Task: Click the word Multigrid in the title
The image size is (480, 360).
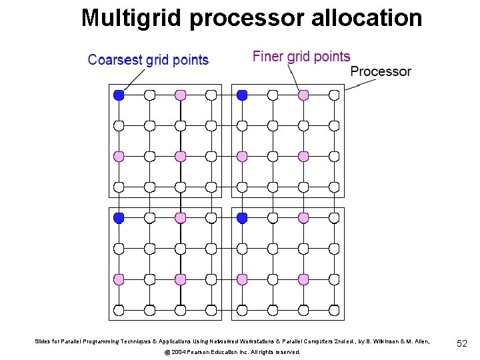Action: [131, 18]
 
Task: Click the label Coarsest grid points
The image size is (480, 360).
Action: [148, 60]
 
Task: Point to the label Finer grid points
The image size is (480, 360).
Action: [301, 57]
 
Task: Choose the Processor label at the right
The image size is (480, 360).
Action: [381, 71]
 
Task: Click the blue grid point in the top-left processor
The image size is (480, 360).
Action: [119, 95]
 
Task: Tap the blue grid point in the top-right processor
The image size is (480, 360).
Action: [242, 95]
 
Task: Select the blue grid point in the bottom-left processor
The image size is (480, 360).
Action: [119, 218]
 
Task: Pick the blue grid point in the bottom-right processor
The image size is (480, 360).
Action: [242, 218]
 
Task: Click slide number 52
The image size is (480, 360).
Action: [462, 343]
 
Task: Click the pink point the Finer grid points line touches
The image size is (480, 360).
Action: [303, 95]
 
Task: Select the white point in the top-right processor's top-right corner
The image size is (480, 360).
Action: [334, 95]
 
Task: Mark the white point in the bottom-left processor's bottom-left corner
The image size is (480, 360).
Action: [119, 310]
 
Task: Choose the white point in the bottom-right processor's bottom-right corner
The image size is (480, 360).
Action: [334, 310]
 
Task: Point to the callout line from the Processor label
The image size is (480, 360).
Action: [355, 83]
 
